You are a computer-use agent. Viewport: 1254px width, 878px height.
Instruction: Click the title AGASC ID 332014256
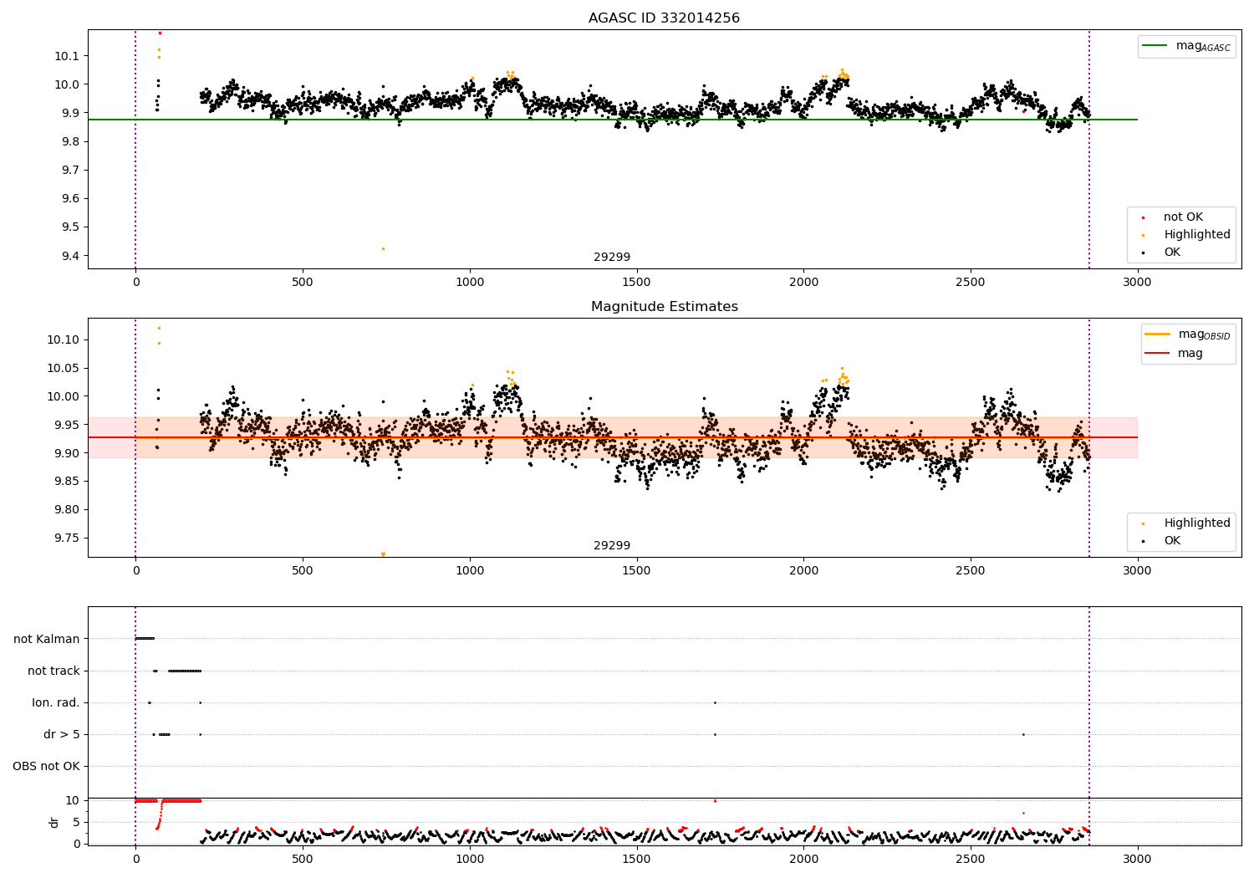664,18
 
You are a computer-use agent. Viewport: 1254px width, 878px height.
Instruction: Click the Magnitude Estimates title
664,306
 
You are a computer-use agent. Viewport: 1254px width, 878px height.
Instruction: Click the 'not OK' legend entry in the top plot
1182,217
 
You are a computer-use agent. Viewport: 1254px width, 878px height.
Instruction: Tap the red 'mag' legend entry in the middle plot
1190,353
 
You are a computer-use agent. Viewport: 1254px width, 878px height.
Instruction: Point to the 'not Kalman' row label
47,639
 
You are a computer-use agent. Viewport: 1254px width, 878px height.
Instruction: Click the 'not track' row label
54,671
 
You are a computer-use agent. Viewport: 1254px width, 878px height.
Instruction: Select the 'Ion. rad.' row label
56,702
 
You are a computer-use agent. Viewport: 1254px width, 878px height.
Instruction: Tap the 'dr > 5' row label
62,734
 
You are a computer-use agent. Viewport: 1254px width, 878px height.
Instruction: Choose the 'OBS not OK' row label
46,766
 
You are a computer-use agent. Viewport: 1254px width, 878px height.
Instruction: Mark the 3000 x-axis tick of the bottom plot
1137,859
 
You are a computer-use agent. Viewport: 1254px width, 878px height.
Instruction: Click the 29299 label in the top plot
612,257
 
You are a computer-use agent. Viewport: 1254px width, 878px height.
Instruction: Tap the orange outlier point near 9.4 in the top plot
383,248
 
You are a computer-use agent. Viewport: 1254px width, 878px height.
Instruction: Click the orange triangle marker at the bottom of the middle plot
383,554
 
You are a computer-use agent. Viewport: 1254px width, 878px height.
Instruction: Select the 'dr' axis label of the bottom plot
54,822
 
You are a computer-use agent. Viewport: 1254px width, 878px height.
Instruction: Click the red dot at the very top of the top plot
160,33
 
